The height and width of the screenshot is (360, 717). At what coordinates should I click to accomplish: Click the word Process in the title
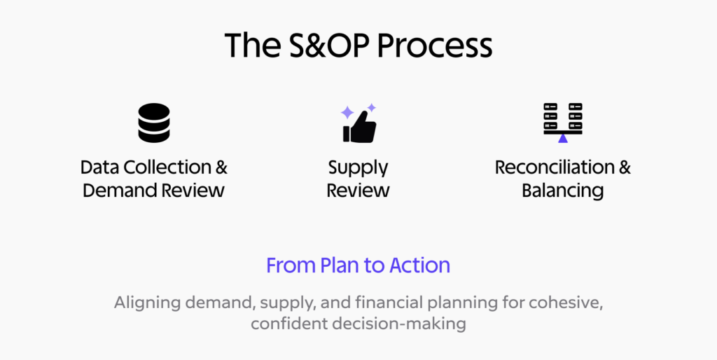[x=436, y=46]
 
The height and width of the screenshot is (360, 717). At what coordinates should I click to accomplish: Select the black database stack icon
[x=153, y=123]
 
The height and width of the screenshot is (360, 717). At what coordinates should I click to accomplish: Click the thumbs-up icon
[x=360, y=129]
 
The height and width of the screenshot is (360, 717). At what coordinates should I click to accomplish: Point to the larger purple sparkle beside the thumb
[x=347, y=113]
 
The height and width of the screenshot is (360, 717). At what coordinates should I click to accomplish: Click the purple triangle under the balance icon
[x=563, y=138]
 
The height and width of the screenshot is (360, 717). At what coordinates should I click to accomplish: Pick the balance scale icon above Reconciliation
[x=563, y=120]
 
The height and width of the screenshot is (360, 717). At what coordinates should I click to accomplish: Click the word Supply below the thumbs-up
[x=358, y=169]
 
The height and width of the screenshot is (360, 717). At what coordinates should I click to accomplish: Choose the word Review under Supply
[x=358, y=191]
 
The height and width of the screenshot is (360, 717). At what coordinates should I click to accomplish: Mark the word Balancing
[x=563, y=191]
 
